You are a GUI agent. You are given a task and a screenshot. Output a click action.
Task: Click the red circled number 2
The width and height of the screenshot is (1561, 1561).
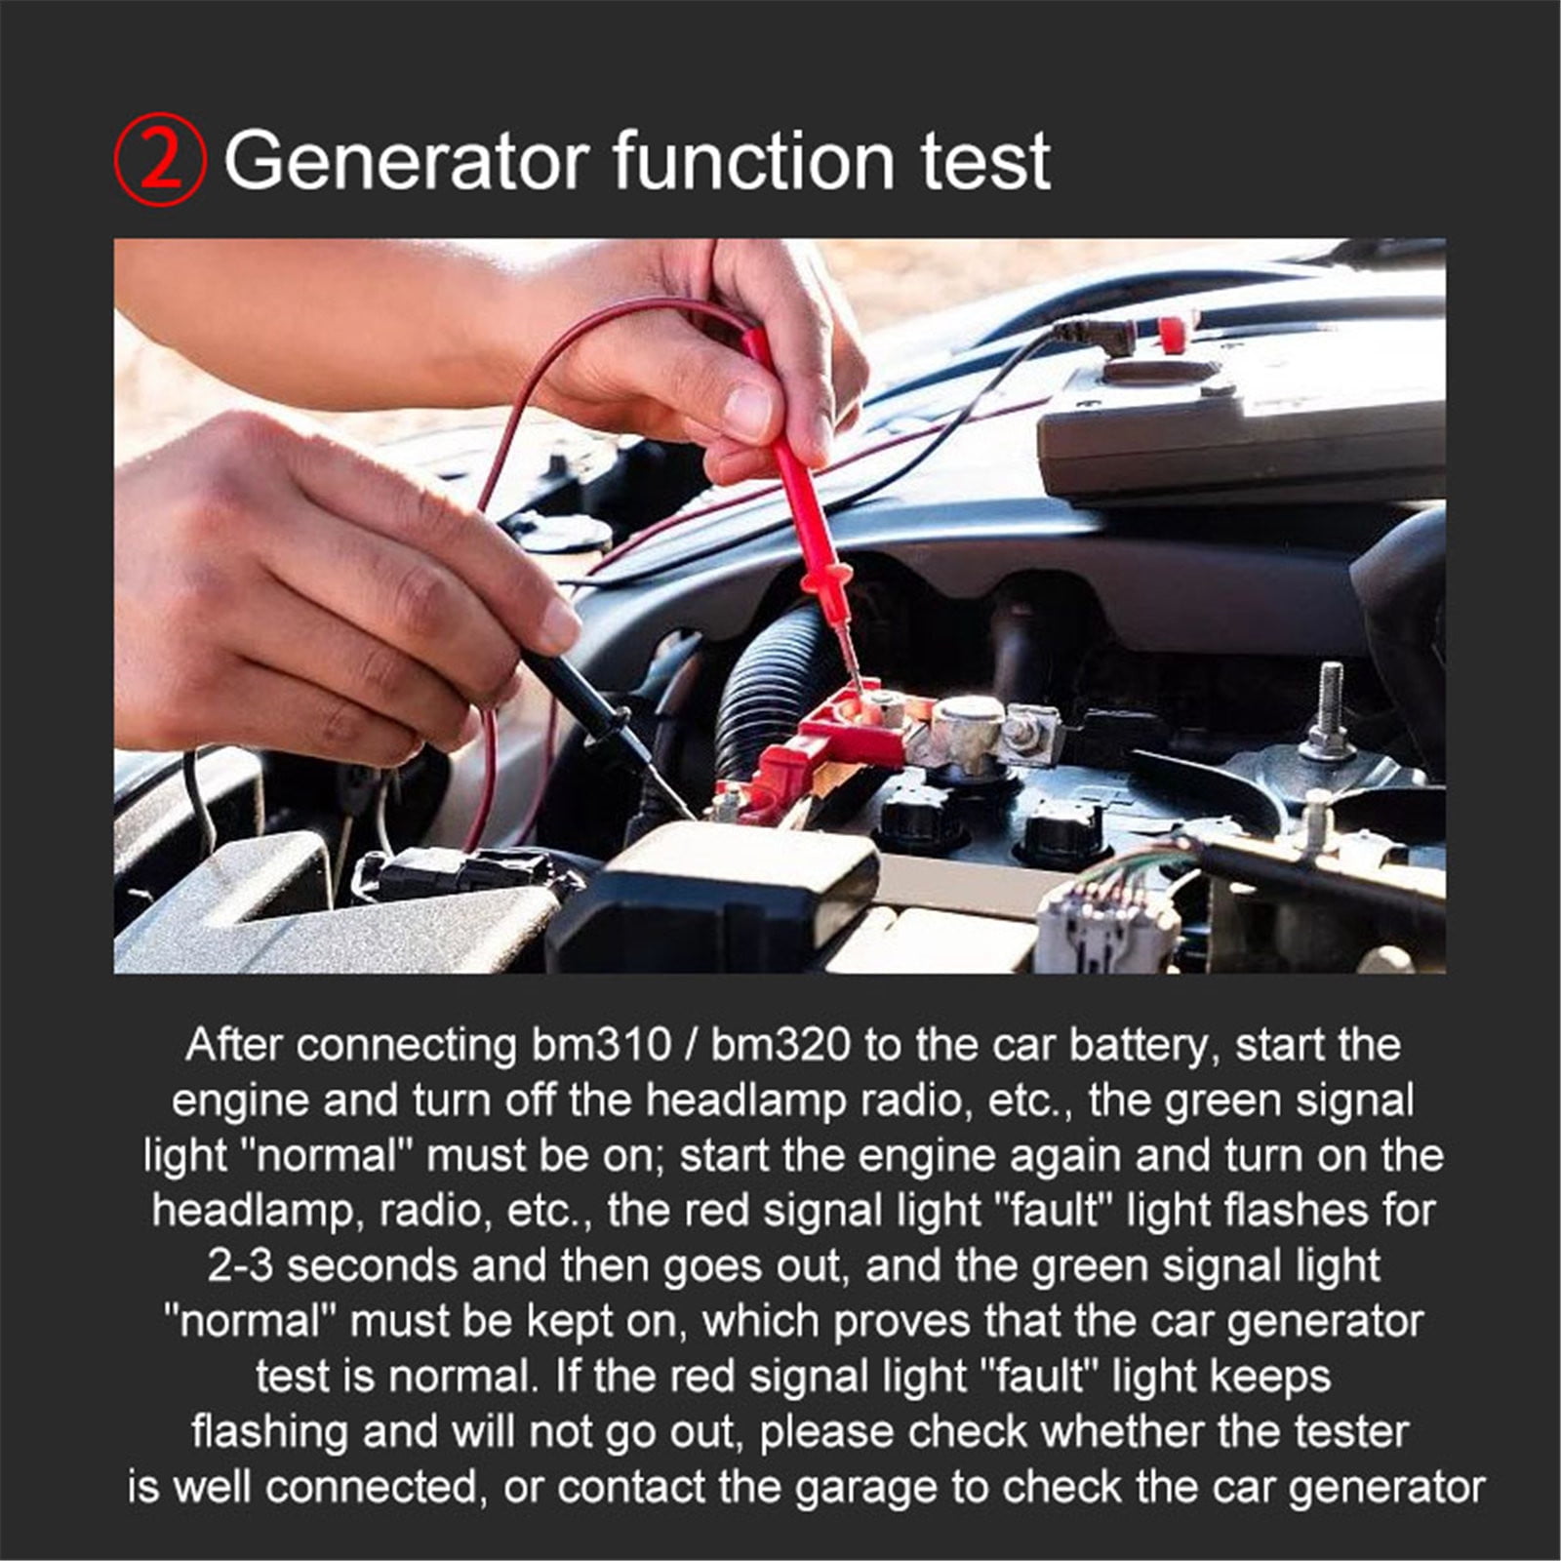click(160, 161)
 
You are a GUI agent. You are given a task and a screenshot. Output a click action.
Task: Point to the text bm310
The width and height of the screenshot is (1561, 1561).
click(601, 1045)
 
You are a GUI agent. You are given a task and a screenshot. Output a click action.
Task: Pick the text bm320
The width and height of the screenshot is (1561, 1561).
click(781, 1045)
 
